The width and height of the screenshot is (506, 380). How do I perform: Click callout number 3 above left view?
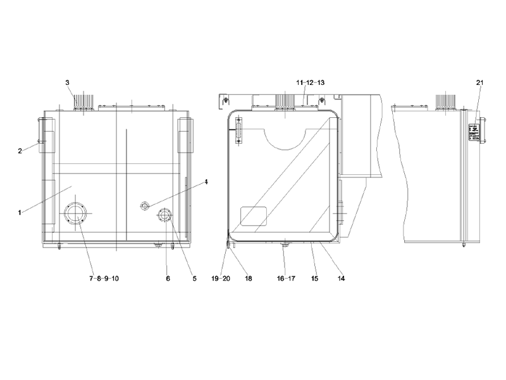68,82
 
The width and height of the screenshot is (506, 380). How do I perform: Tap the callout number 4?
206,182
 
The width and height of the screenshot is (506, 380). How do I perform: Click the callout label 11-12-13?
310,83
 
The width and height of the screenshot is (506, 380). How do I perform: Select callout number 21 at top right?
479,83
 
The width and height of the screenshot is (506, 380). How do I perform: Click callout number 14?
342,277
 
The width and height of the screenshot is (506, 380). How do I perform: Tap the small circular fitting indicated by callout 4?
145,206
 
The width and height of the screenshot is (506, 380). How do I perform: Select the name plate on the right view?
473,132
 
